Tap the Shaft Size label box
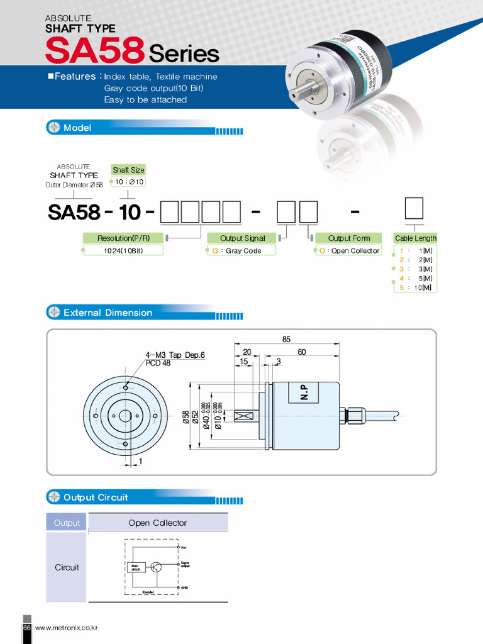[128, 170]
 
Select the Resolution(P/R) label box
[123, 238]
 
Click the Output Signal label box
[242, 238]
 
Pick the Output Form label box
[348, 238]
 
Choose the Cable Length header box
[415, 238]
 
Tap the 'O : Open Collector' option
[348, 250]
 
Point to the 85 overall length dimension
[286, 339]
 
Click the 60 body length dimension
[302, 352]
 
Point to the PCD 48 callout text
[158, 363]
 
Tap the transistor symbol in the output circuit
[157, 567]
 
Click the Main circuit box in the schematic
[136, 567]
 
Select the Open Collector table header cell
[158, 523]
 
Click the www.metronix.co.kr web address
[66, 628]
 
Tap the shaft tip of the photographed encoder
[293, 96]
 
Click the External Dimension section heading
[108, 313]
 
